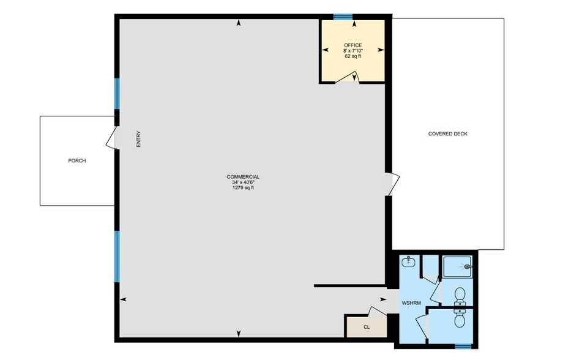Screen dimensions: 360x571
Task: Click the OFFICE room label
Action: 353,45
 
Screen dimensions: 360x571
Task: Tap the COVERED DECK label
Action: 447,134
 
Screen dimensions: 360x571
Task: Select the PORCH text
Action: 77,161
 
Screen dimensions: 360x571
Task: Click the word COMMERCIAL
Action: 243,177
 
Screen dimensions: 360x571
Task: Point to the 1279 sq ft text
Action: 243,188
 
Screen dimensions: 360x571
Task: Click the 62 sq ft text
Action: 353,56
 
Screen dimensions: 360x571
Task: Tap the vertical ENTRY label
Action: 139,140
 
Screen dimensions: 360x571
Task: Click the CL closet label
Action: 367,327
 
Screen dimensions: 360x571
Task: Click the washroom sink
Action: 409,262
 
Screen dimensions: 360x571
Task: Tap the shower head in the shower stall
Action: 468,266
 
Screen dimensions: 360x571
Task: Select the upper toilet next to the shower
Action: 458,296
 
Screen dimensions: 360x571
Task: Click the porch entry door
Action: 111,139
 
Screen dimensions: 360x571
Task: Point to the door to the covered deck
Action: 393,184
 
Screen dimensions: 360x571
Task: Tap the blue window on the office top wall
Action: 343,17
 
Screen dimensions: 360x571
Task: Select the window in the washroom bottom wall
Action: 463,346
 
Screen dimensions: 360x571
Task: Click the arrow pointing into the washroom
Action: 383,299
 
